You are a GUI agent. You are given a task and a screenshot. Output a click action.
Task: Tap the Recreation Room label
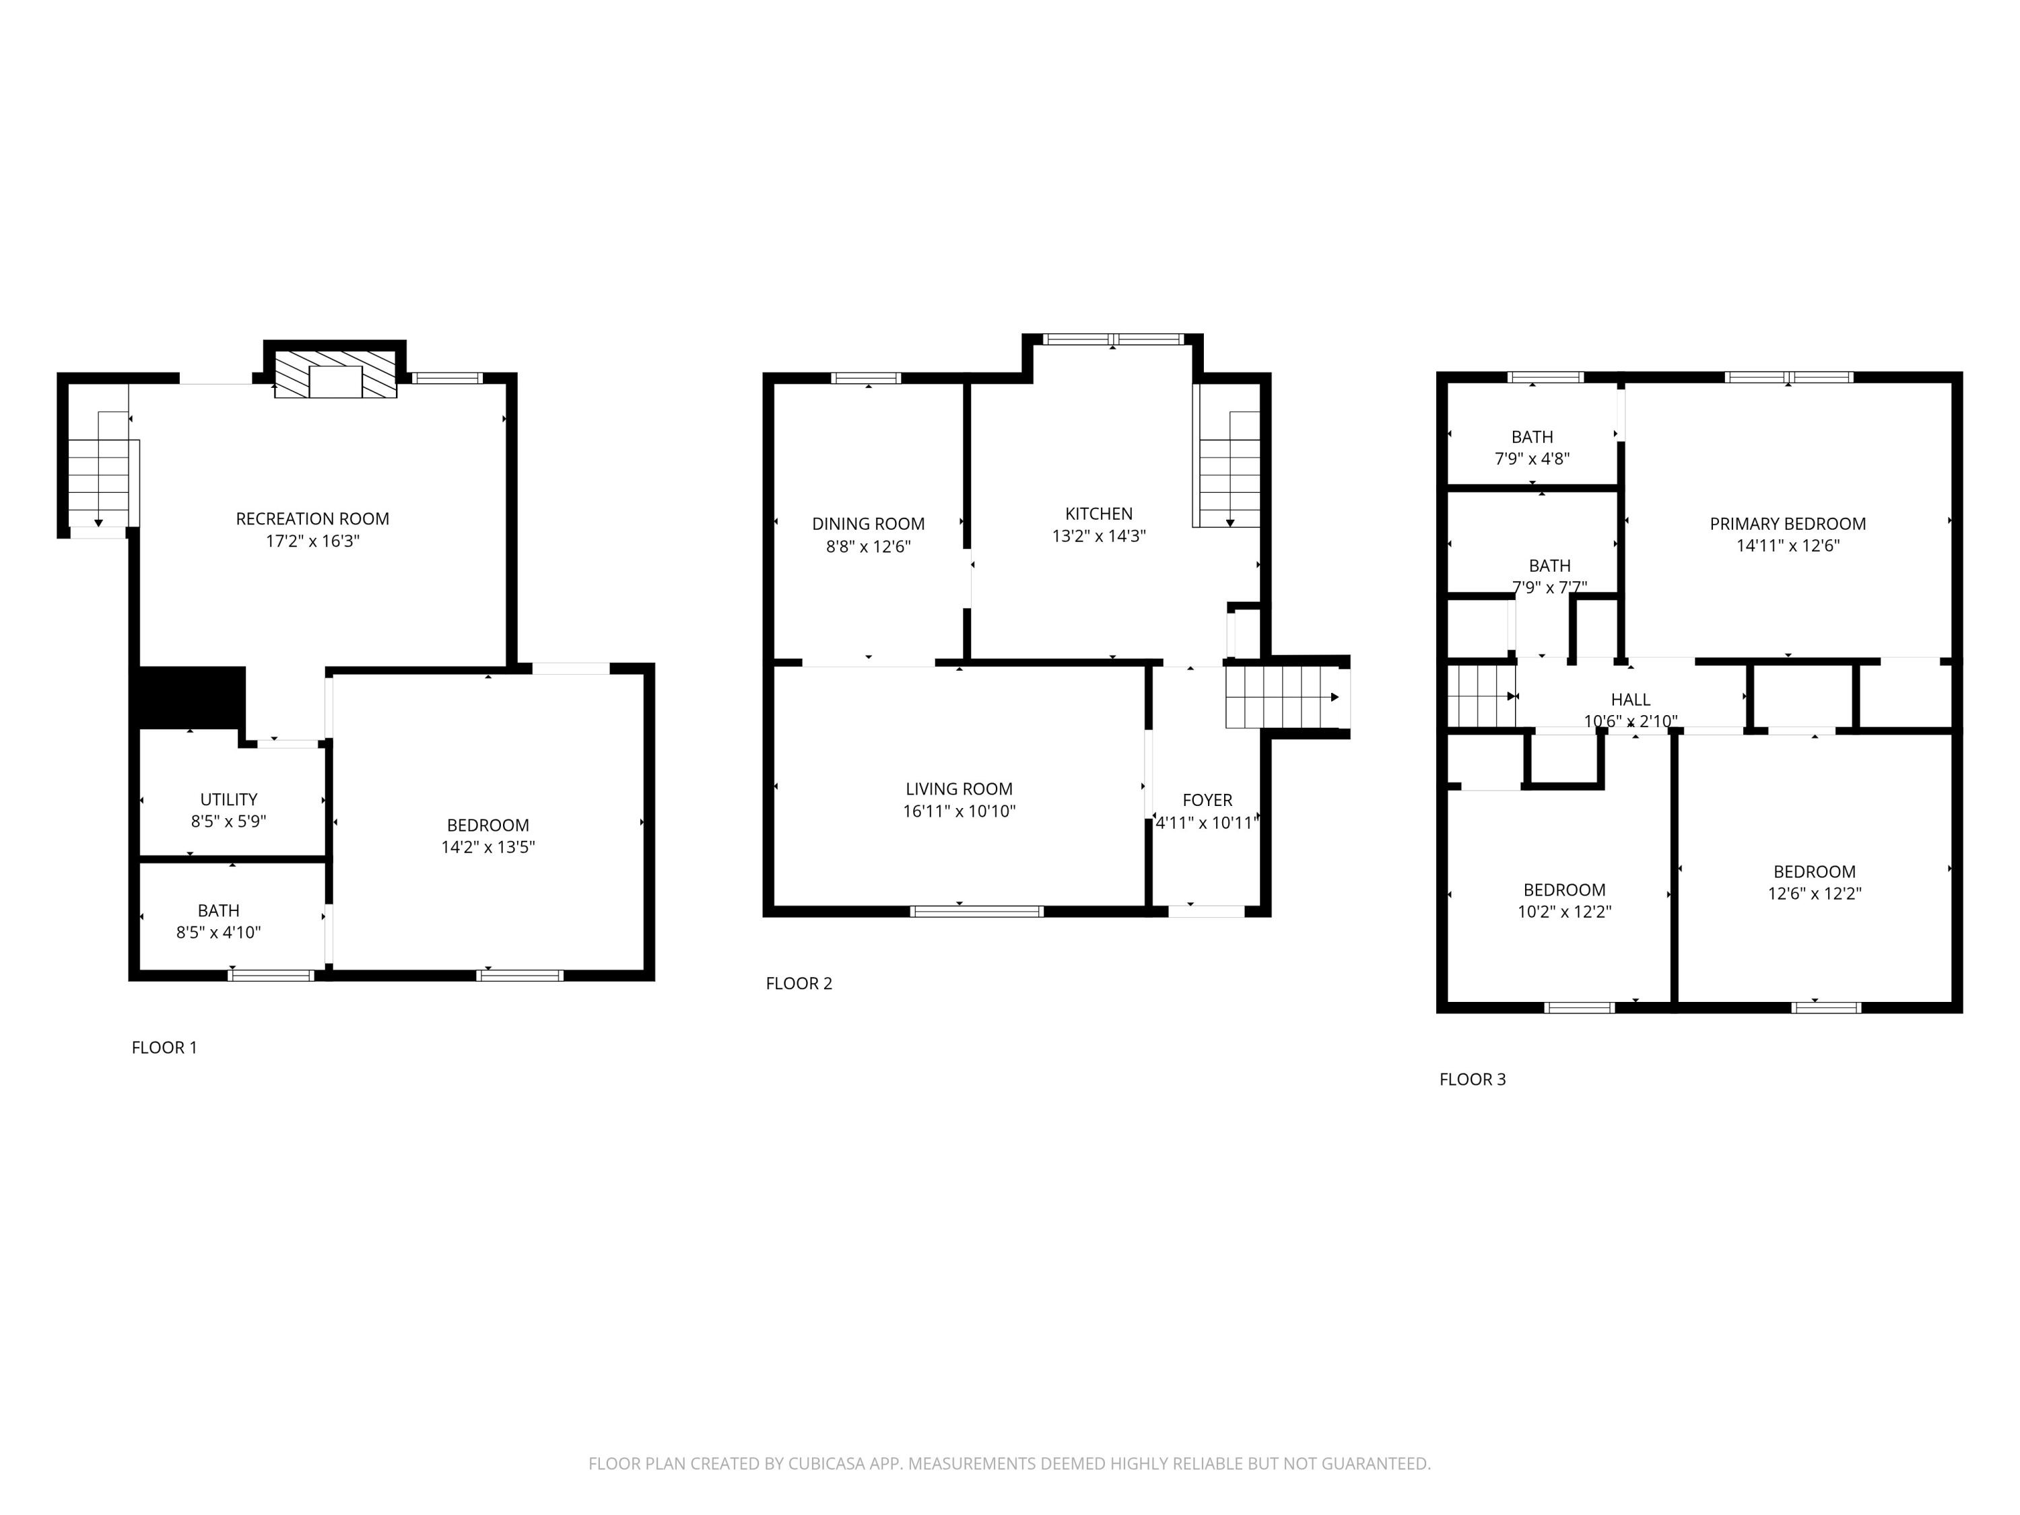[312, 518]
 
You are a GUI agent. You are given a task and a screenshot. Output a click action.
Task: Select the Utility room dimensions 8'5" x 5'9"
[228, 821]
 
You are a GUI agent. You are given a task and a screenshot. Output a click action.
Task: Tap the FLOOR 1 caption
[164, 1048]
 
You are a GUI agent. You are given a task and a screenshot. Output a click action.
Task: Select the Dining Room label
[867, 524]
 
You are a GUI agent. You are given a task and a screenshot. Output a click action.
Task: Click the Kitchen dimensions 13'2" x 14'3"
[1099, 536]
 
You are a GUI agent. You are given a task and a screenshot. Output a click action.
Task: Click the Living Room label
[959, 789]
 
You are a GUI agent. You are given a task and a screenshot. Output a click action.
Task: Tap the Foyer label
[1207, 800]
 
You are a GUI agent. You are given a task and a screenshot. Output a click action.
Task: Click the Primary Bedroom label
[1787, 524]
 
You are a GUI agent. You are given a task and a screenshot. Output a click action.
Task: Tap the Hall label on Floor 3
[1630, 700]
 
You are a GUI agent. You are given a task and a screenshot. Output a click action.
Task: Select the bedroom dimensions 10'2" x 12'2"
[1564, 912]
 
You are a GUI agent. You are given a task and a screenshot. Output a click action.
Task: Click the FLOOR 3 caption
[1472, 1079]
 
